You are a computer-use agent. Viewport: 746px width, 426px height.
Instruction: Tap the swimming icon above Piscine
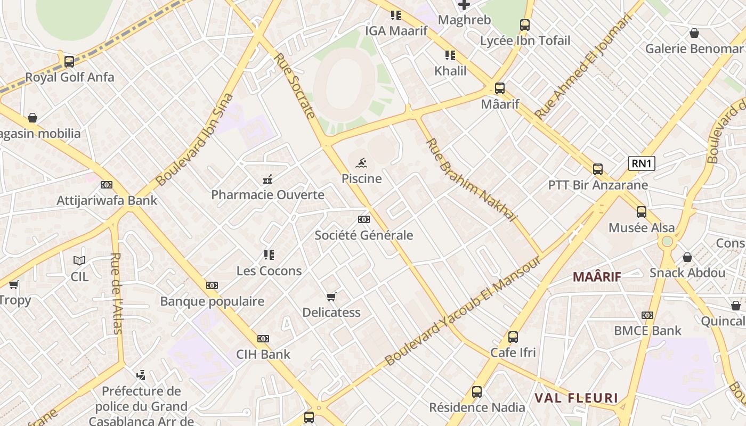(362, 162)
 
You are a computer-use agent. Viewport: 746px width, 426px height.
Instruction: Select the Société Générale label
(364, 235)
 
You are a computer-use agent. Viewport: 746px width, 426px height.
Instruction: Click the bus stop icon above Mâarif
(499, 88)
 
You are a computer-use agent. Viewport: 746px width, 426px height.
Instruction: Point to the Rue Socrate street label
(295, 85)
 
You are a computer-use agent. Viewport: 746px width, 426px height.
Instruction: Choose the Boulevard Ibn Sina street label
(195, 140)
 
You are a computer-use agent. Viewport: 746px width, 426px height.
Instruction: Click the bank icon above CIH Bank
(263, 339)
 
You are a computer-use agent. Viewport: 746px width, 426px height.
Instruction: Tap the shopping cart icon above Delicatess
(331, 297)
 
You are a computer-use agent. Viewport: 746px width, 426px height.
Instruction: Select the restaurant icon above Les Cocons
(269, 255)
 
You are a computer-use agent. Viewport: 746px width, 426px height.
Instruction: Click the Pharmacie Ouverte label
(267, 195)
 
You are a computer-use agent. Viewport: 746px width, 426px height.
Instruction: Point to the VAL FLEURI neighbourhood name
(576, 398)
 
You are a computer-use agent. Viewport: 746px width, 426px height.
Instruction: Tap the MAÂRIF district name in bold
(597, 276)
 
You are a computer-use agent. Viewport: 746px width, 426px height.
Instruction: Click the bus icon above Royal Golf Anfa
(69, 61)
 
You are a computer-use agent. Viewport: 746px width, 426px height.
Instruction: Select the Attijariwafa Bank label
(107, 201)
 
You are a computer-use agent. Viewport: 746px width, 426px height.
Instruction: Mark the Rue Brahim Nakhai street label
(472, 180)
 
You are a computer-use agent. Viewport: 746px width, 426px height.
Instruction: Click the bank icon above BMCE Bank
(647, 315)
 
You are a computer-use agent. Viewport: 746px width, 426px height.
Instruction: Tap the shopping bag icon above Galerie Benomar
(694, 34)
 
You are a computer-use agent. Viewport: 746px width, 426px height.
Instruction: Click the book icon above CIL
(79, 260)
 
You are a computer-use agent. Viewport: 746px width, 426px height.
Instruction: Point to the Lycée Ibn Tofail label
(525, 40)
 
